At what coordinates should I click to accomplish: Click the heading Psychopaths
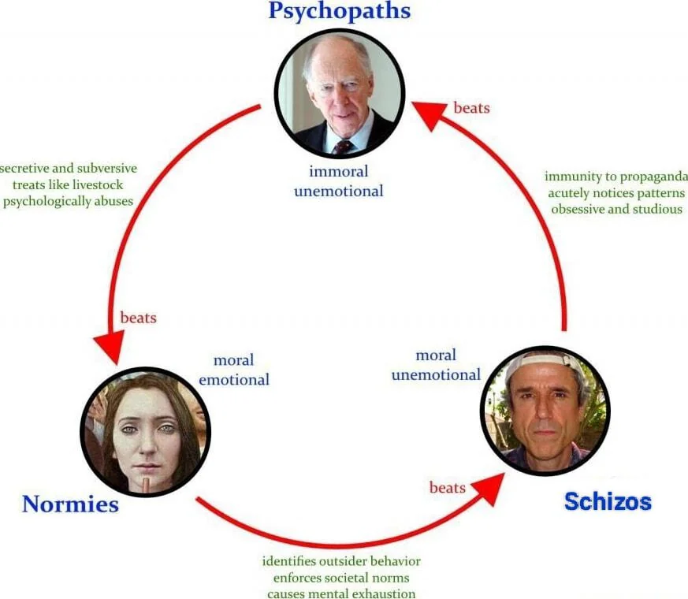339,11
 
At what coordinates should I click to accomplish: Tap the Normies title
71,504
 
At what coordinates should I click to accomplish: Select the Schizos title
608,501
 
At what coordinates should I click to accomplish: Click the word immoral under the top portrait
338,171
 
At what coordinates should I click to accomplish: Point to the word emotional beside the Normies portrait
234,380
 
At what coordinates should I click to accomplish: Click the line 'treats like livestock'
68,184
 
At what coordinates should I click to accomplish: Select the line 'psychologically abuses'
68,202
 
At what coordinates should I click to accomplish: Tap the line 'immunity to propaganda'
616,177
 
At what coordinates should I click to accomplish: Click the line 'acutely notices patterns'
616,193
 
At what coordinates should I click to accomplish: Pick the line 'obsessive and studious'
616,210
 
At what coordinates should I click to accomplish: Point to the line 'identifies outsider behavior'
341,561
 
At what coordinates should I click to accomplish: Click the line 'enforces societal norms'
341,578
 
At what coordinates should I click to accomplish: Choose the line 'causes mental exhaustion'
341,593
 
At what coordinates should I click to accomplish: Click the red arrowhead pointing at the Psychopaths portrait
431,113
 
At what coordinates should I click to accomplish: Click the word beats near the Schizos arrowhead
447,488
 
